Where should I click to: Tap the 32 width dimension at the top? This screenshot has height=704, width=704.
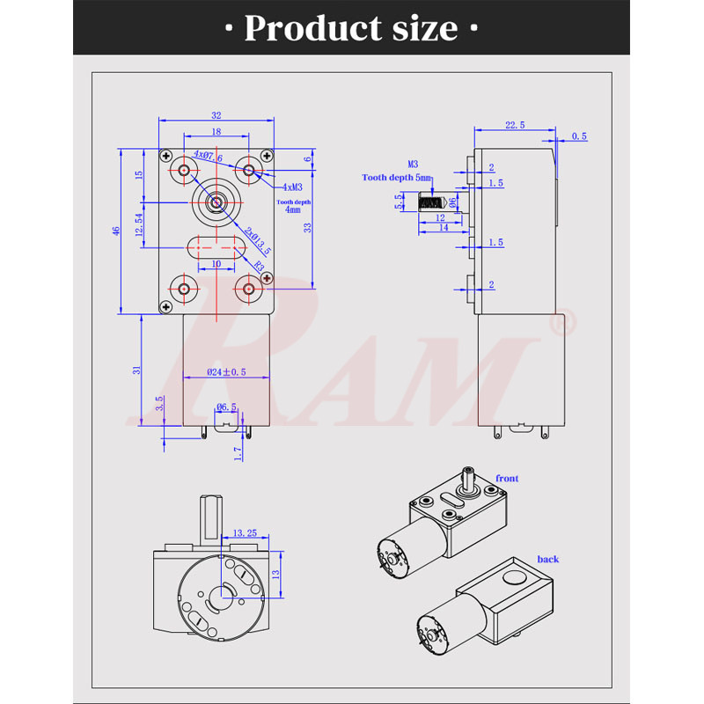(x=216, y=114)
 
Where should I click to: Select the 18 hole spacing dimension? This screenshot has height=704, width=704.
(x=216, y=131)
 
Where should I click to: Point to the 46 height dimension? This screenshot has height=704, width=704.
(x=115, y=231)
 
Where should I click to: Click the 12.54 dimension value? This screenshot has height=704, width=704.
(x=139, y=224)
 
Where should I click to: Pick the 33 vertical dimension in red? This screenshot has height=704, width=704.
(x=306, y=227)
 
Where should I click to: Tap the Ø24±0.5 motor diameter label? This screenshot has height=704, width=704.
(x=227, y=372)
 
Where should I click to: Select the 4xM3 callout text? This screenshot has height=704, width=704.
(x=293, y=187)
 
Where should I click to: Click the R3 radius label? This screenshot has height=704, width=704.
(x=259, y=265)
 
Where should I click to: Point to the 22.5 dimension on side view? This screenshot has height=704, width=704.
(x=515, y=126)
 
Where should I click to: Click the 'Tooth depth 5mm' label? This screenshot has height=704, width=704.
(x=397, y=177)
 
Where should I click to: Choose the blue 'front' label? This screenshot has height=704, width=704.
(x=507, y=478)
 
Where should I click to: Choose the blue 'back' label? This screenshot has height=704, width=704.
(x=548, y=559)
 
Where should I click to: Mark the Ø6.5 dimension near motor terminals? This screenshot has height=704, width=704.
(x=227, y=407)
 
